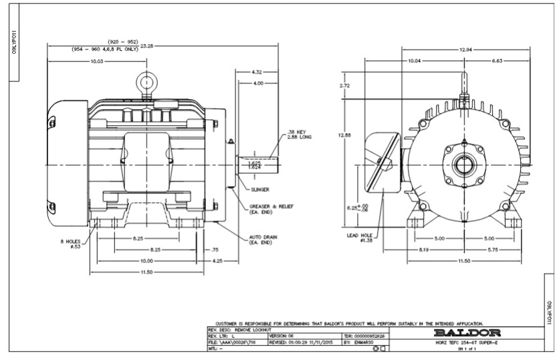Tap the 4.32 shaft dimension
point(256,72)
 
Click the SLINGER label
point(260,189)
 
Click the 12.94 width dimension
point(467,50)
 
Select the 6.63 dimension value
point(496,61)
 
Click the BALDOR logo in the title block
point(463,332)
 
